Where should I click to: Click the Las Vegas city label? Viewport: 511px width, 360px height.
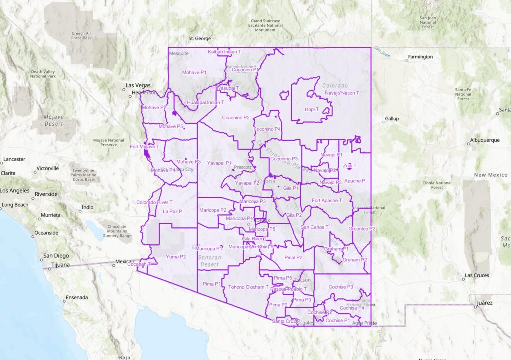pos(138,85)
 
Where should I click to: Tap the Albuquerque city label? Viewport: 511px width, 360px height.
pos(485,140)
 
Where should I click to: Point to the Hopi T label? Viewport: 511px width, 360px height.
pos(311,109)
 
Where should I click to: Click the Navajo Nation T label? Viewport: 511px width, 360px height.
pos(342,93)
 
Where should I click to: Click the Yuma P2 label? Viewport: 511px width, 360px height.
pos(176,257)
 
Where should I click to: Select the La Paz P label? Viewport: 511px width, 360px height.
pos(173,212)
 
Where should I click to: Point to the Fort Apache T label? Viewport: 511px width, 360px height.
pos(327,201)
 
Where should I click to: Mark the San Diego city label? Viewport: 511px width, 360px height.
pos(56,256)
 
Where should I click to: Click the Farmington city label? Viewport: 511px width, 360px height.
pos(420,57)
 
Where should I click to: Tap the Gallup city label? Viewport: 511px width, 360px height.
pos(392,119)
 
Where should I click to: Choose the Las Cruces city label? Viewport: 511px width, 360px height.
pos(476,275)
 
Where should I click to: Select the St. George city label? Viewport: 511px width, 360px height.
pos(199,39)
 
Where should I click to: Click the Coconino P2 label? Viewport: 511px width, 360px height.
pos(236,118)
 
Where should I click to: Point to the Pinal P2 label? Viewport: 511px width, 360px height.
pos(294,258)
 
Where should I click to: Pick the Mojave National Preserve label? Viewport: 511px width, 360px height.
pos(109,143)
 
